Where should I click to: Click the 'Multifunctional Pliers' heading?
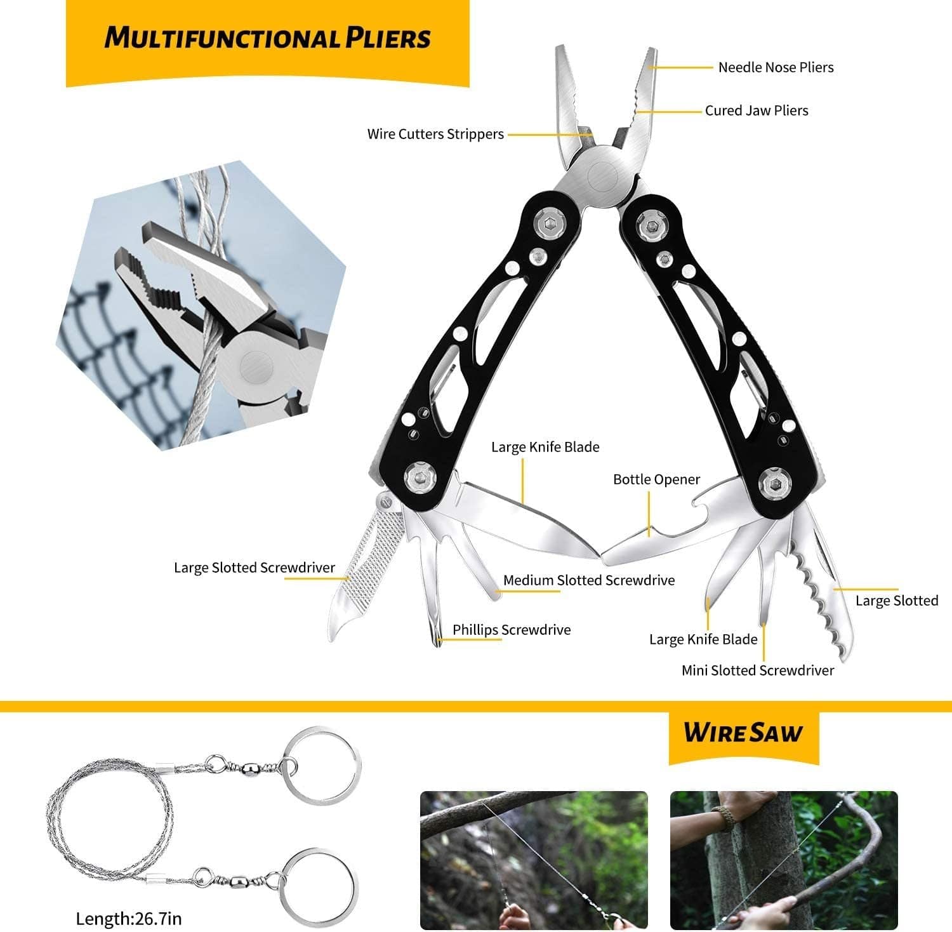coord(267,38)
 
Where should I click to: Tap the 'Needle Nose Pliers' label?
coord(776,67)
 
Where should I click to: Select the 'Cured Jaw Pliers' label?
coord(757,110)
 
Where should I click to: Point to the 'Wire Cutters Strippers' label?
coord(435,134)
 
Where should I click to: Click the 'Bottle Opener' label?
coord(656,479)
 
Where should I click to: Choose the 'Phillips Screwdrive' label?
coord(511,630)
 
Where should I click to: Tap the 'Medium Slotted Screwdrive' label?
coord(588,580)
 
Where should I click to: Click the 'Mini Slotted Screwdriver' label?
coord(757,670)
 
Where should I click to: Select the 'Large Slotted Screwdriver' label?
coord(255,568)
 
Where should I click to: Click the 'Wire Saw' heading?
coord(743,733)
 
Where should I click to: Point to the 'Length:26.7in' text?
coord(129,918)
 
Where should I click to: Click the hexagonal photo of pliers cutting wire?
coord(203,305)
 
